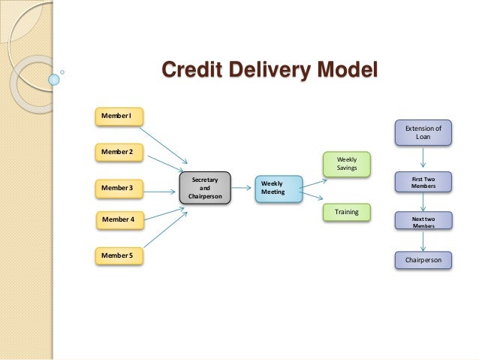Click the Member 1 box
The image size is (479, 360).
click(116, 116)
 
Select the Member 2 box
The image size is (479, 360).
click(116, 152)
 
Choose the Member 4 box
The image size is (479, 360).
click(117, 219)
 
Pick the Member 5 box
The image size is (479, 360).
click(116, 256)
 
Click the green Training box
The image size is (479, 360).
click(347, 213)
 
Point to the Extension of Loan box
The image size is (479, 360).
click(423, 133)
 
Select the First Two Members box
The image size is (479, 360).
click(424, 182)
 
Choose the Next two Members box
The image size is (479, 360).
click(424, 222)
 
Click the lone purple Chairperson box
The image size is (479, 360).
click(424, 261)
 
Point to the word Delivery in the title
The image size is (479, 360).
click(272, 72)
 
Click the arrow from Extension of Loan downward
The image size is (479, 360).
click(424, 158)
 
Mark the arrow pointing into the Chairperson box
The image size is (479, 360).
click(424, 241)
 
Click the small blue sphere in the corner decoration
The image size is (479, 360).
click(53, 77)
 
